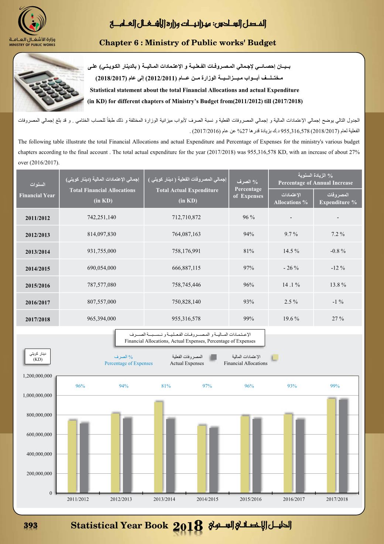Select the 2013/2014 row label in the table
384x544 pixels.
37,252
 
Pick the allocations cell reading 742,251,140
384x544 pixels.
102,217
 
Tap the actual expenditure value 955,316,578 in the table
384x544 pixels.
186,318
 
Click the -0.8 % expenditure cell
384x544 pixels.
337,251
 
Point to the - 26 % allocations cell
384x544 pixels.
291,268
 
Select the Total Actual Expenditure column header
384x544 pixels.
187,190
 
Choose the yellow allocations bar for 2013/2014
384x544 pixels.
158,447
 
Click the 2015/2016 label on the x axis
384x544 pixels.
251,499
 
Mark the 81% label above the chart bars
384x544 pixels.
166,386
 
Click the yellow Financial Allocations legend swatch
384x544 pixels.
275,357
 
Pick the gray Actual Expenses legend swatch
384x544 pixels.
213,357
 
